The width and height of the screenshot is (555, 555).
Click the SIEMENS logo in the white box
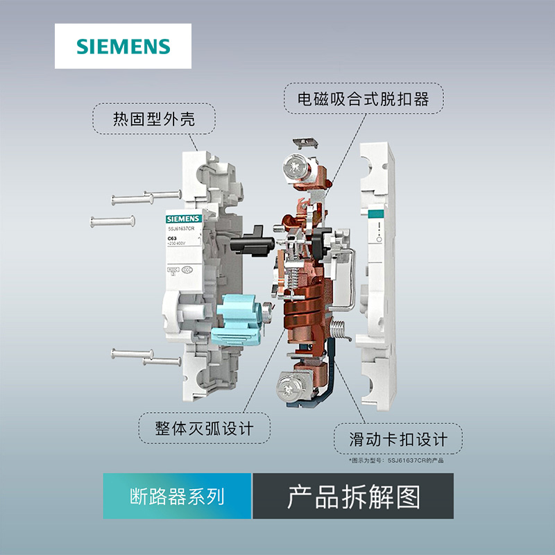click(x=123, y=46)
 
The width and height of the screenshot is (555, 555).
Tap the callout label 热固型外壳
click(x=154, y=120)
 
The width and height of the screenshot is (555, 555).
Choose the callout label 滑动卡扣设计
click(x=398, y=438)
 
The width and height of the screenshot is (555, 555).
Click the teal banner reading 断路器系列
click(x=177, y=496)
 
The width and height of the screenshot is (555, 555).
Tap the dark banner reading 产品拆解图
click(x=353, y=496)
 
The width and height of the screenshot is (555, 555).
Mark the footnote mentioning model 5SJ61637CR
click(x=395, y=460)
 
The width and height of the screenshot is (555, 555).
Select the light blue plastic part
click(x=244, y=323)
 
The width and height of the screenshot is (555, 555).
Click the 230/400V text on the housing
click(x=176, y=244)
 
